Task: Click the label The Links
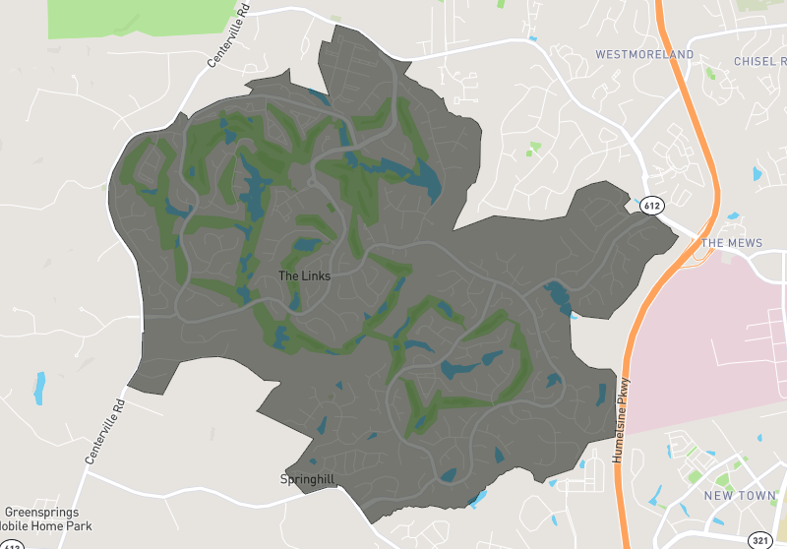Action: point(305,276)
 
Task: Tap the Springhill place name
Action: point(307,479)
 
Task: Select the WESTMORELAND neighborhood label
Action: point(644,55)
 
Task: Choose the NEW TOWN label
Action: point(740,496)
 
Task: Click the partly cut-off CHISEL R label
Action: point(759,61)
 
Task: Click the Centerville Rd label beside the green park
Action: point(229,40)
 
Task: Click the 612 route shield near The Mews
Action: point(654,206)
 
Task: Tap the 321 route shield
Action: point(759,540)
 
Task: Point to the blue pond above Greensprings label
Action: point(40,388)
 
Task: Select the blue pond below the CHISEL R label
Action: point(757,174)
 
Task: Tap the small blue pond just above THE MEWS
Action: point(733,215)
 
